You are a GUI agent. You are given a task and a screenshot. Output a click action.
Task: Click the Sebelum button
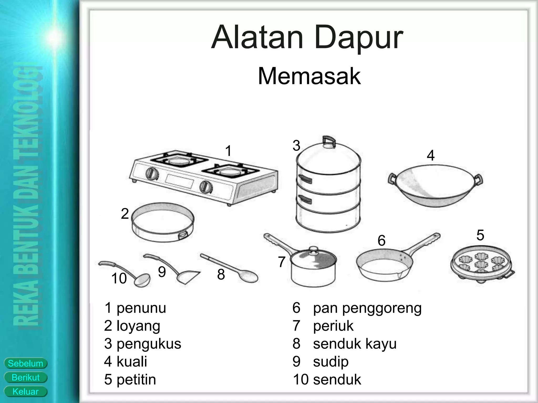(25, 363)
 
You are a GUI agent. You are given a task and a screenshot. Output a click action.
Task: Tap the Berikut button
(25, 378)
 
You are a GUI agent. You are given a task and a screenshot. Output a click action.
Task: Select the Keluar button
(25, 392)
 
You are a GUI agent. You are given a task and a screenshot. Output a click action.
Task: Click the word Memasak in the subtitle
(309, 76)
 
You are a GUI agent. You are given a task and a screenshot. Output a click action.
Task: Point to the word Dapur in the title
(359, 37)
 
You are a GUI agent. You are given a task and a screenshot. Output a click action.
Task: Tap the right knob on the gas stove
(205, 187)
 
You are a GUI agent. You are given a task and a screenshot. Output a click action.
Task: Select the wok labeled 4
(435, 185)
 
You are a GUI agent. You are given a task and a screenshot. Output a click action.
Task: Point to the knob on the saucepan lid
(313, 250)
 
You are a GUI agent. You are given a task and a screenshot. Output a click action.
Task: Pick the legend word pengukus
(149, 344)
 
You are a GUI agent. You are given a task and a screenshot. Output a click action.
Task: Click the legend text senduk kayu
(355, 344)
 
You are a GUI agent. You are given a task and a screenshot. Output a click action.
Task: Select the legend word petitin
(136, 379)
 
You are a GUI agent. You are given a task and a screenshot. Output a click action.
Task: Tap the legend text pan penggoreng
(367, 308)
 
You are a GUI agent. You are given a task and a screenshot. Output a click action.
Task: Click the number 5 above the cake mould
(480, 235)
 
